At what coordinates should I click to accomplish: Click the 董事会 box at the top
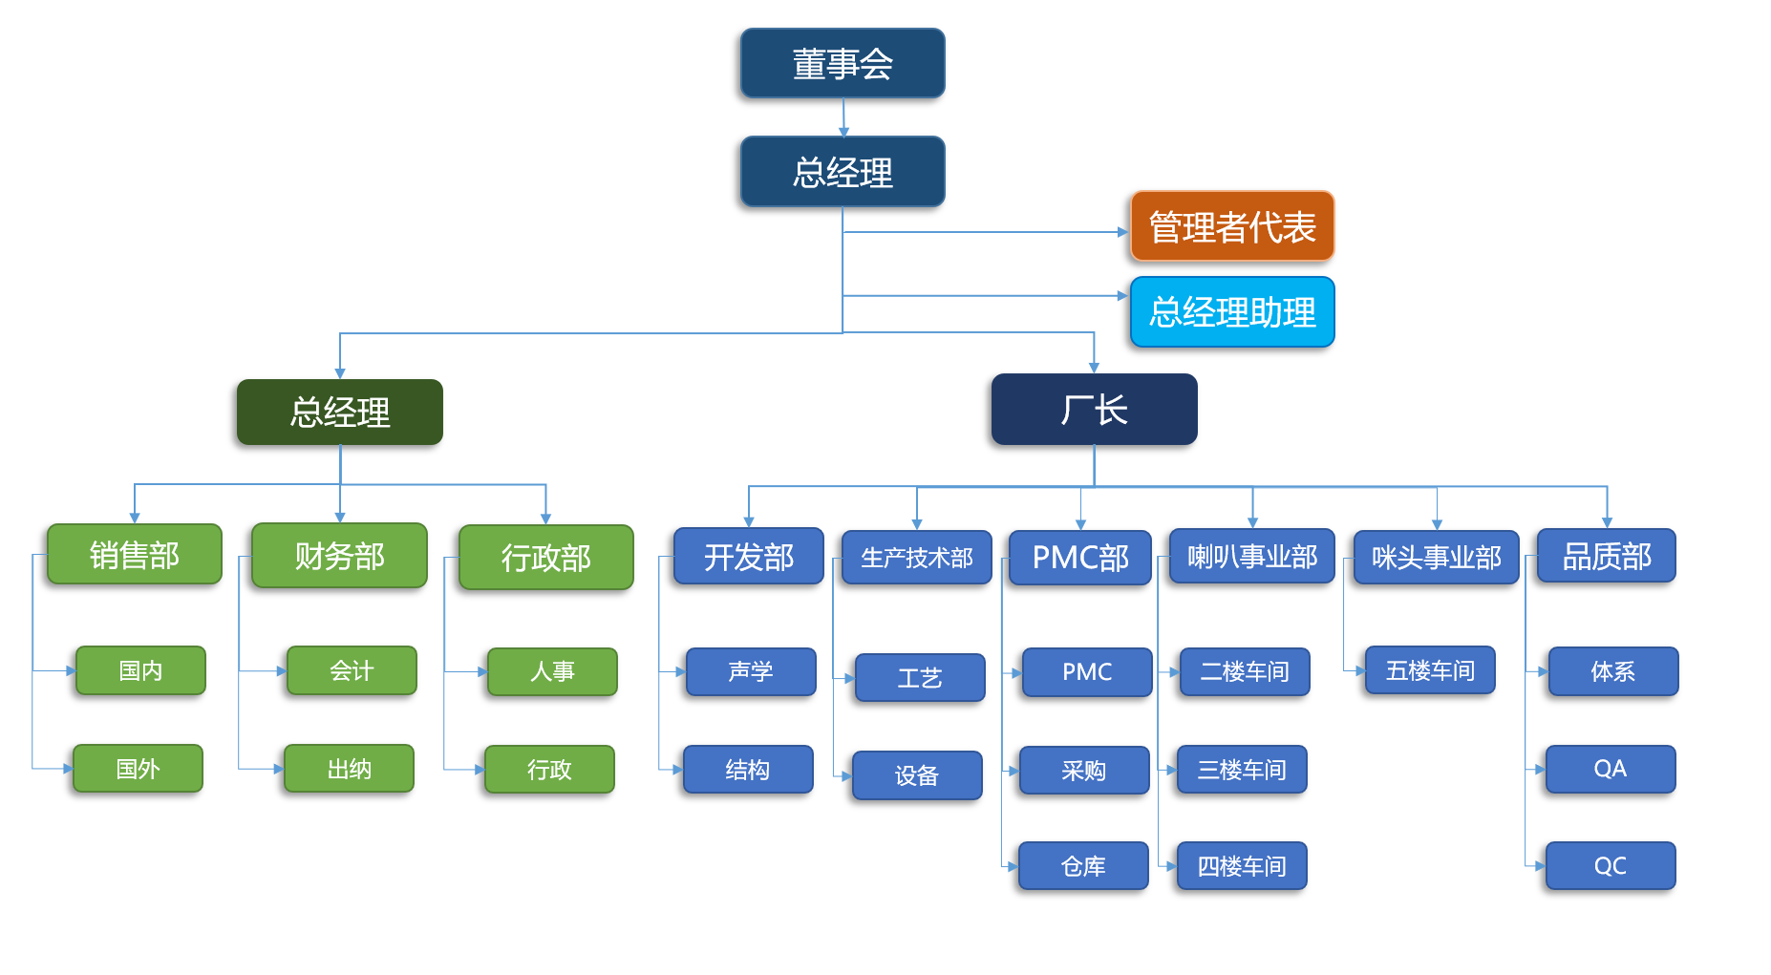click(x=842, y=64)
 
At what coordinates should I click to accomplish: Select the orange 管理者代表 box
click(x=1231, y=227)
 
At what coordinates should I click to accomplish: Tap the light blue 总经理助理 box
click(x=1231, y=312)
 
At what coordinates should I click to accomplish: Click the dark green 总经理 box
click(x=339, y=413)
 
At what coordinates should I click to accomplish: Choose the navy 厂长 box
click(x=1094, y=410)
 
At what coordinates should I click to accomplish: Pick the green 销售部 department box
click(x=134, y=555)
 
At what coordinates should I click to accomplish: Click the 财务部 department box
click(x=339, y=555)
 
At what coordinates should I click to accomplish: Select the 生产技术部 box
click(x=916, y=558)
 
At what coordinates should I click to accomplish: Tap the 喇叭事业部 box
click(x=1251, y=556)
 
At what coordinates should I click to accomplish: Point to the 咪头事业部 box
click(x=1436, y=557)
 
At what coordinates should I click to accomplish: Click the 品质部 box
click(x=1606, y=556)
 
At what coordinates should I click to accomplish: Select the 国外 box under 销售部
click(x=138, y=769)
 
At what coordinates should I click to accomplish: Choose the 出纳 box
click(x=349, y=769)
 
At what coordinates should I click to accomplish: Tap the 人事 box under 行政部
click(x=552, y=671)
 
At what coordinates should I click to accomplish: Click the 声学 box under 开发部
click(x=750, y=671)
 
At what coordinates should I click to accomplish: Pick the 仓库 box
click(x=1083, y=866)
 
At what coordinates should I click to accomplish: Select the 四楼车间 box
click(x=1241, y=866)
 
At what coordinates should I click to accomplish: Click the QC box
click(x=1610, y=866)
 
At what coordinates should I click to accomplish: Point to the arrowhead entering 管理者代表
click(x=1122, y=232)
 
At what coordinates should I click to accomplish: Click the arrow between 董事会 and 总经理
click(x=843, y=117)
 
